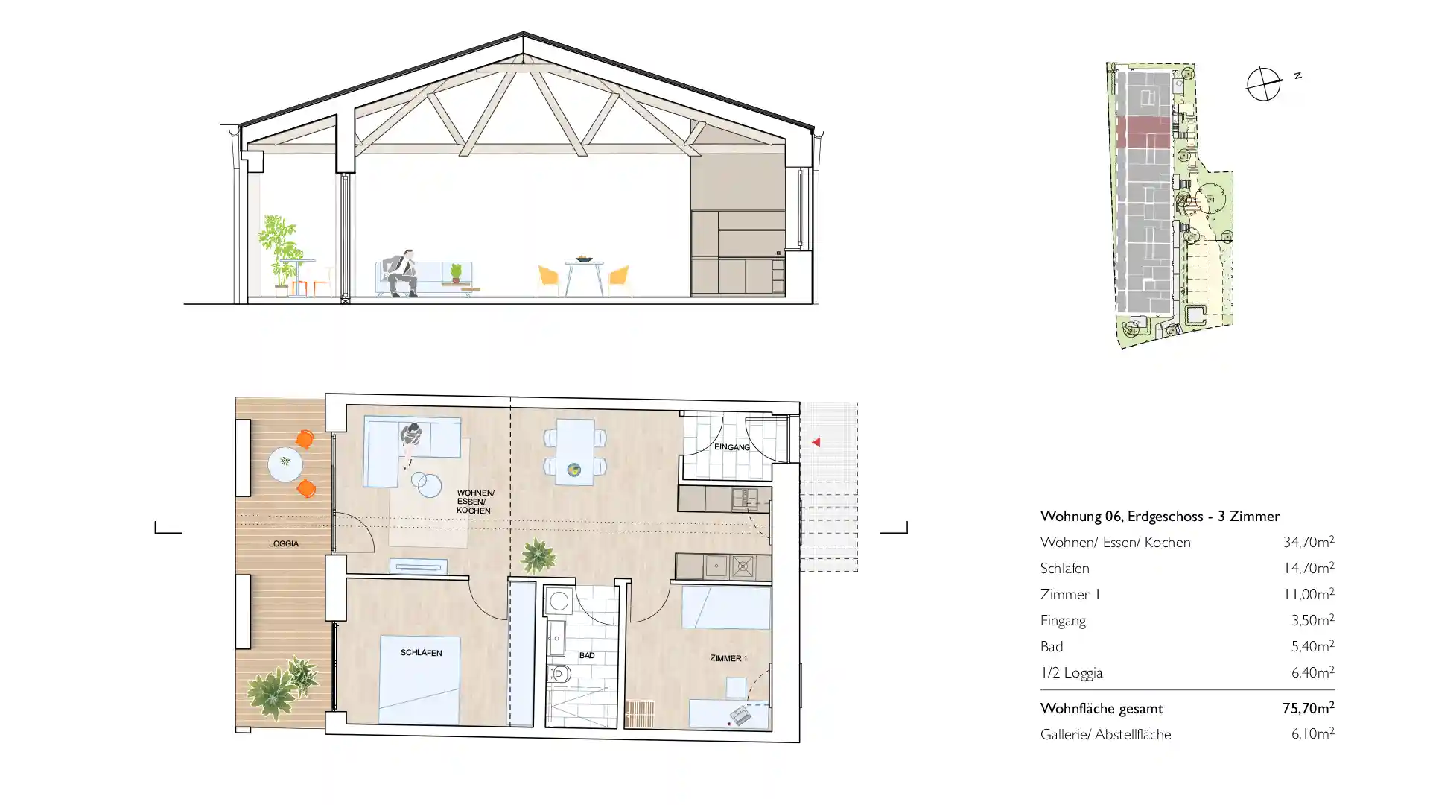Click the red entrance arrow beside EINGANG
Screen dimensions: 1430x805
coord(816,442)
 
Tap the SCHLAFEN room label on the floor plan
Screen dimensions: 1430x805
coord(422,653)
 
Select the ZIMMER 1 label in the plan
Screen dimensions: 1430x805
coord(728,658)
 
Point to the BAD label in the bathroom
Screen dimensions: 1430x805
coord(587,656)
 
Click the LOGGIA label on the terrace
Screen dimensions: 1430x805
coord(284,544)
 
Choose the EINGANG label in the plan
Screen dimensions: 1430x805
coord(732,447)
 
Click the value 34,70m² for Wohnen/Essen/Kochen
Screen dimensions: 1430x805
coord(1309,542)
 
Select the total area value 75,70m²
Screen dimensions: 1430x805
coord(1309,708)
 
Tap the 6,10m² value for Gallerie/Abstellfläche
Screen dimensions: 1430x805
coord(1312,734)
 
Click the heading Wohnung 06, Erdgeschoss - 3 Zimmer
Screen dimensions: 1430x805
coord(1160,516)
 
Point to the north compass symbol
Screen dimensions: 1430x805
coord(1264,83)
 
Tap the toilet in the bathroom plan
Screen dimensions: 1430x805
coord(559,675)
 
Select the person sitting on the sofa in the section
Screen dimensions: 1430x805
coord(402,273)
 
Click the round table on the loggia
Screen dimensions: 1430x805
coord(285,464)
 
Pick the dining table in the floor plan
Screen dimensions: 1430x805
coord(575,452)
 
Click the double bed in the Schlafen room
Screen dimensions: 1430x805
coord(419,679)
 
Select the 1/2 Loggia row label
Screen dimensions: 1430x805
coord(1071,673)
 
